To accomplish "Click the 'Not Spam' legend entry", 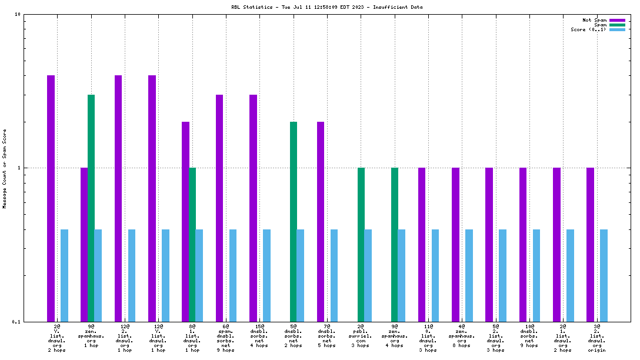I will point(594,20).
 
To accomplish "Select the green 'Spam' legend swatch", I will point(617,25).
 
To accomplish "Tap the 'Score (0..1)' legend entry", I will point(588,30).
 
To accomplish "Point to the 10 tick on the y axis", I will point(18,14).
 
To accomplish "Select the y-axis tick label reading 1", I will point(19,168).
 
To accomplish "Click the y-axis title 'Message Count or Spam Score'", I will point(5,168).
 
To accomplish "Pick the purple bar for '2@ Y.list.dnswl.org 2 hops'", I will point(51,198).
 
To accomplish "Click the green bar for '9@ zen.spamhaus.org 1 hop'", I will point(91,208).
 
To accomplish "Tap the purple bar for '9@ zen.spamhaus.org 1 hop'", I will point(84,244).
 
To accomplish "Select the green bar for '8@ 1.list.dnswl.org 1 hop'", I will point(192,244).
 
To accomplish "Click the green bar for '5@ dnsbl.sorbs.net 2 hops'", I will point(294,221).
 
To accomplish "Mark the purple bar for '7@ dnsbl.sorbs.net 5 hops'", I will point(321,221).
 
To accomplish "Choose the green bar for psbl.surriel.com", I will point(361,244).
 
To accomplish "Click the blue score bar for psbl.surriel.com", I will point(368,275).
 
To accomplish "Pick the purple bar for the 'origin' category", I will point(590,244).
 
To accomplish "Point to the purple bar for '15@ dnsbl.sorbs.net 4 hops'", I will point(253,208).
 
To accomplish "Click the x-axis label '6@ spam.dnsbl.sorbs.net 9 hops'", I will point(226,338).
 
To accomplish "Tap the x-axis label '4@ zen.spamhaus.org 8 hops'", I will point(462,338).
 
